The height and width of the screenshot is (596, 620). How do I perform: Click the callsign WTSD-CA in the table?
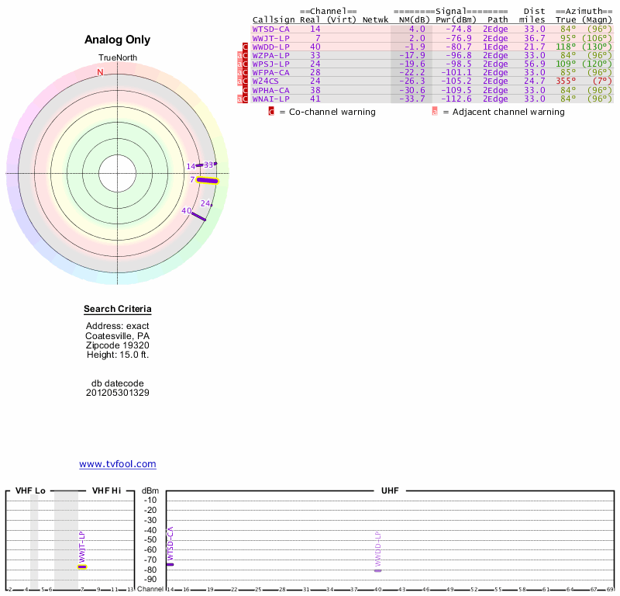(270, 29)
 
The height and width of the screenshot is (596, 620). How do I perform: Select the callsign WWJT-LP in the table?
(270, 38)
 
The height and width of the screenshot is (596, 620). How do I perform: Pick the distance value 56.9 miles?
(534, 64)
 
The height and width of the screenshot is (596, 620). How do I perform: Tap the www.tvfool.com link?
(118, 464)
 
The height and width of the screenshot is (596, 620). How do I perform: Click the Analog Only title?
(118, 40)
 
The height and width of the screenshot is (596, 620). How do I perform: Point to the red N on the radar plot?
(100, 73)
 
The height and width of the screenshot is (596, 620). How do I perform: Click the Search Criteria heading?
(118, 310)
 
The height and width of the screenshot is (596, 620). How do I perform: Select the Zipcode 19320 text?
(118, 345)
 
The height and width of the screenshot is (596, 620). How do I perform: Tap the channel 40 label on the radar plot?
(186, 210)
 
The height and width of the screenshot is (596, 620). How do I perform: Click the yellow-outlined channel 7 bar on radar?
(207, 180)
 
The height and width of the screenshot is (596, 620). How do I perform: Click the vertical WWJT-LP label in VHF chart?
(82, 546)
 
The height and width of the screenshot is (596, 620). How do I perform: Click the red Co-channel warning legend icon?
(271, 112)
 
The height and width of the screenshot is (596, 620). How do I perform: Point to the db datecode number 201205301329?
(118, 393)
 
